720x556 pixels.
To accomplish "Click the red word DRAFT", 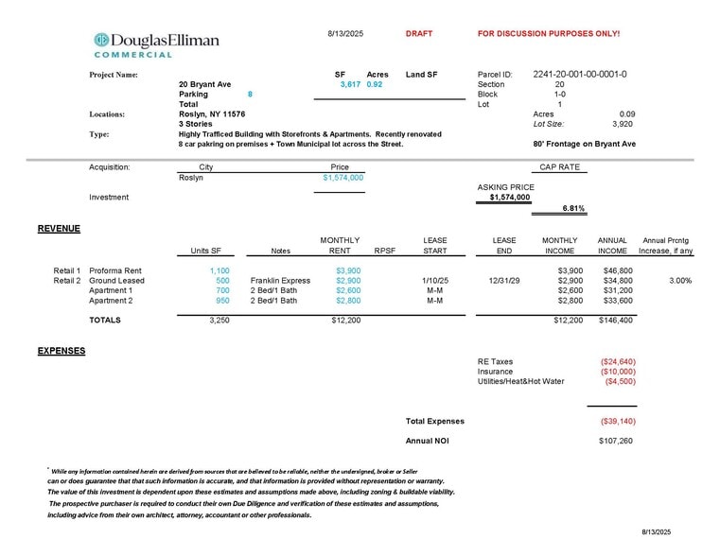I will tap(418, 34).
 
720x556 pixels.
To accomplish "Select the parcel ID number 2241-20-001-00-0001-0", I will tap(580, 74).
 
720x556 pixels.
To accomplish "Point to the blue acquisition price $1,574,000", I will tap(342, 177).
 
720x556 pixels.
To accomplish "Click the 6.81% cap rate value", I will tap(573, 208).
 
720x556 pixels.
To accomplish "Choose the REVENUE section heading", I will tap(59, 229).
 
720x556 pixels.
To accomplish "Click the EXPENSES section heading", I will tap(61, 351).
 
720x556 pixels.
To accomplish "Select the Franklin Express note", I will tap(280, 281).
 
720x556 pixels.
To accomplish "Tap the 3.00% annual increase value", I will tap(678, 281).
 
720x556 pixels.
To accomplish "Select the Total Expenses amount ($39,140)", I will tap(617, 422).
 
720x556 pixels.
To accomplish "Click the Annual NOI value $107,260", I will tap(617, 442).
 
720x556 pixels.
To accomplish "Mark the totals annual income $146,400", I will tap(615, 321).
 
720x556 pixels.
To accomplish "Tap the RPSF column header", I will tap(384, 251).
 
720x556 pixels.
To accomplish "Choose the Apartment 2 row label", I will tap(111, 301).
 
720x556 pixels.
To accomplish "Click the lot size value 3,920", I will tap(622, 123).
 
